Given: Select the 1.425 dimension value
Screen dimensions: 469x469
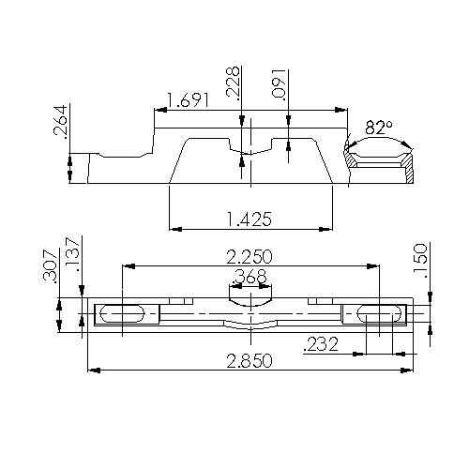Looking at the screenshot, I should tap(249, 219).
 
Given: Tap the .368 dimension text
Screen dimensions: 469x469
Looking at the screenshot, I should tap(249, 277).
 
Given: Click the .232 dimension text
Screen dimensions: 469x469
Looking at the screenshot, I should tap(321, 345).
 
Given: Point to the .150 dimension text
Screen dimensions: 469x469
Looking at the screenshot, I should tap(421, 259).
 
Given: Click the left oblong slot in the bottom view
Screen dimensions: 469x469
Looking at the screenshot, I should tap(122, 312).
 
